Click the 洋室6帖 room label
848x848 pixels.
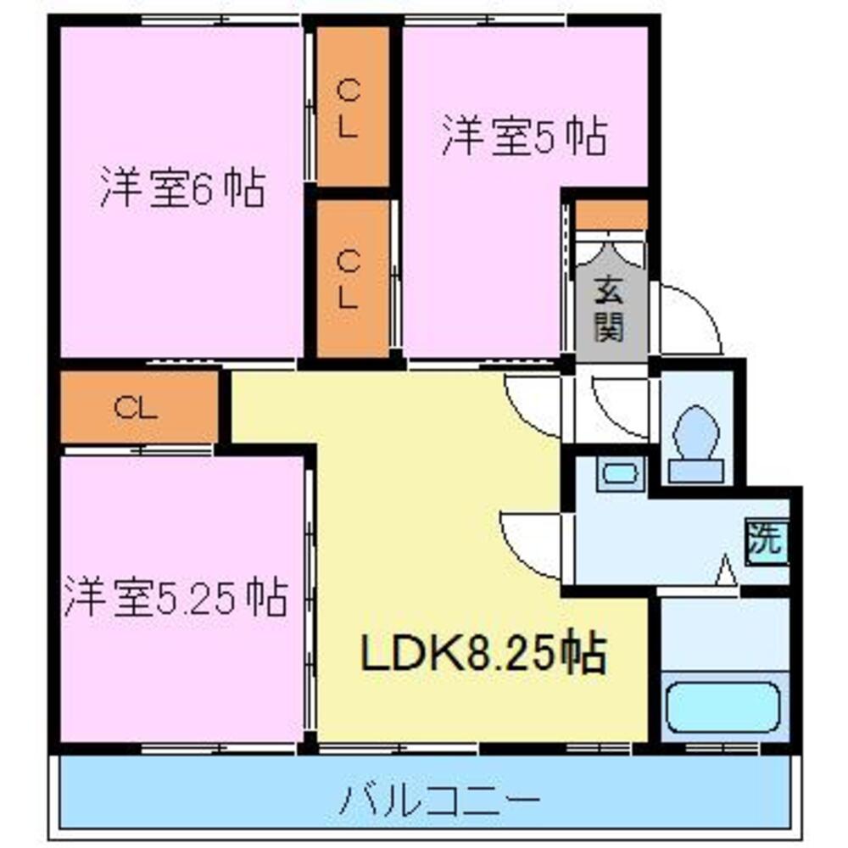point(182,188)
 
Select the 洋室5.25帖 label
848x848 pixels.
point(174,599)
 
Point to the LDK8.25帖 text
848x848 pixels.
point(484,654)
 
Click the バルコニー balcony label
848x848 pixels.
point(441,798)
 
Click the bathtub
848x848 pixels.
point(722,707)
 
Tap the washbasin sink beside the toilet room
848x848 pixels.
point(620,473)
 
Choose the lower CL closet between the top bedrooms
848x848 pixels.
point(351,280)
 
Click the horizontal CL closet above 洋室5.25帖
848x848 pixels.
point(138,409)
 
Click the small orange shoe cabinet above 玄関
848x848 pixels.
point(611,215)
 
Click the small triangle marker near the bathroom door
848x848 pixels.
point(725,570)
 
